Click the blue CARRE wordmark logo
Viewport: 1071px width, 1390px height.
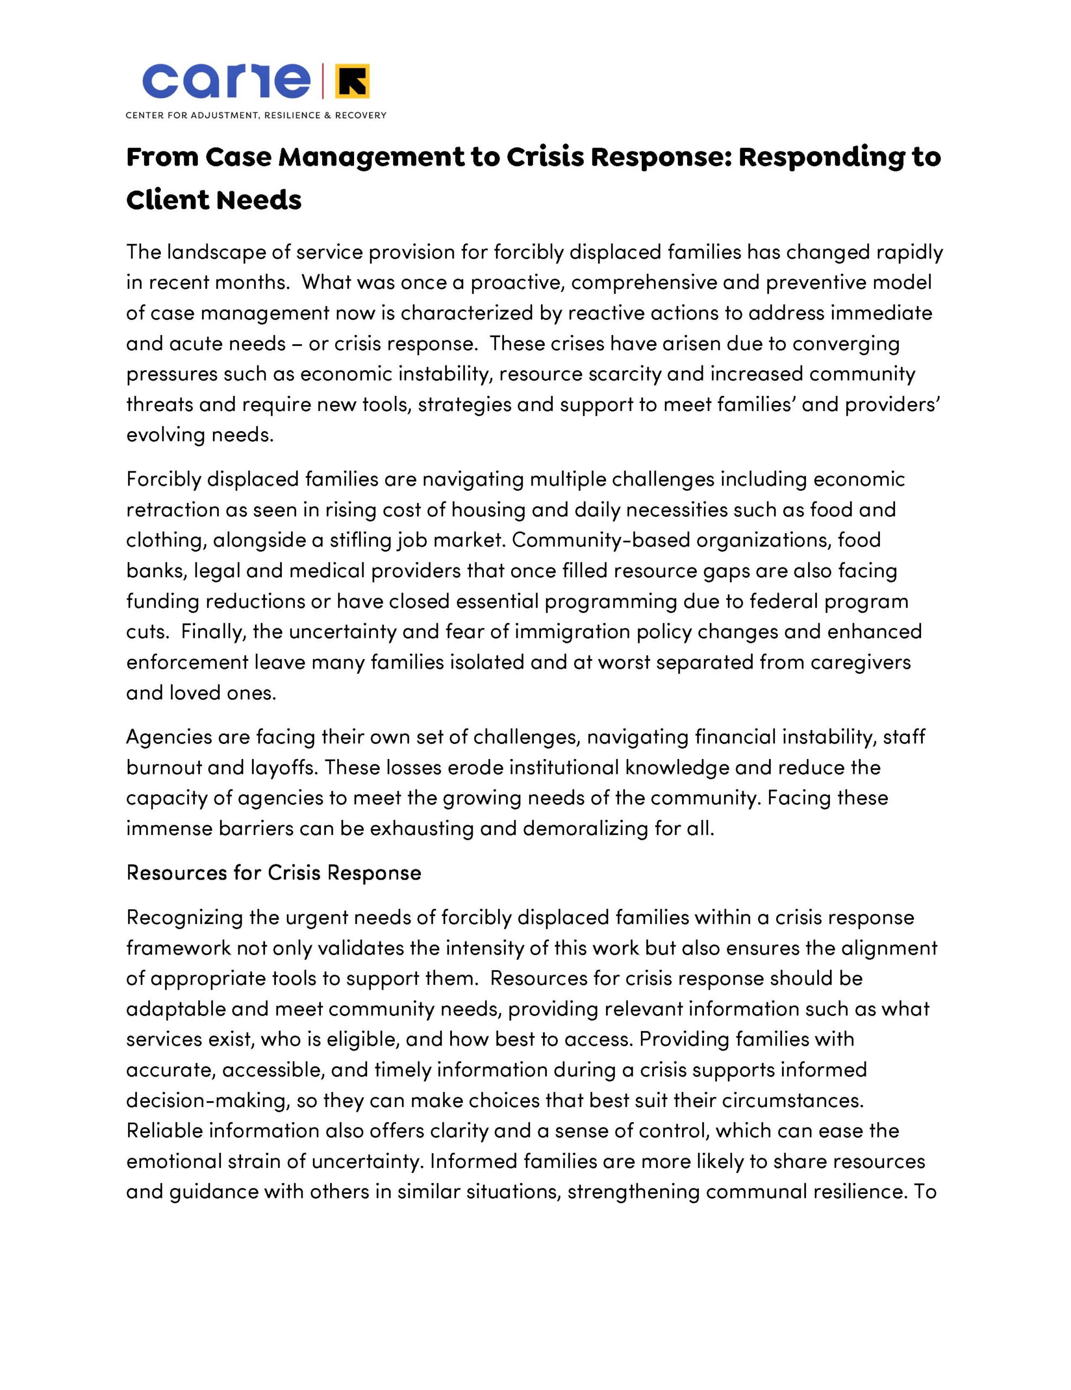226,81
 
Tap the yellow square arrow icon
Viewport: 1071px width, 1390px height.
351,81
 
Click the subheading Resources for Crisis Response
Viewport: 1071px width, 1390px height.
274,873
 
